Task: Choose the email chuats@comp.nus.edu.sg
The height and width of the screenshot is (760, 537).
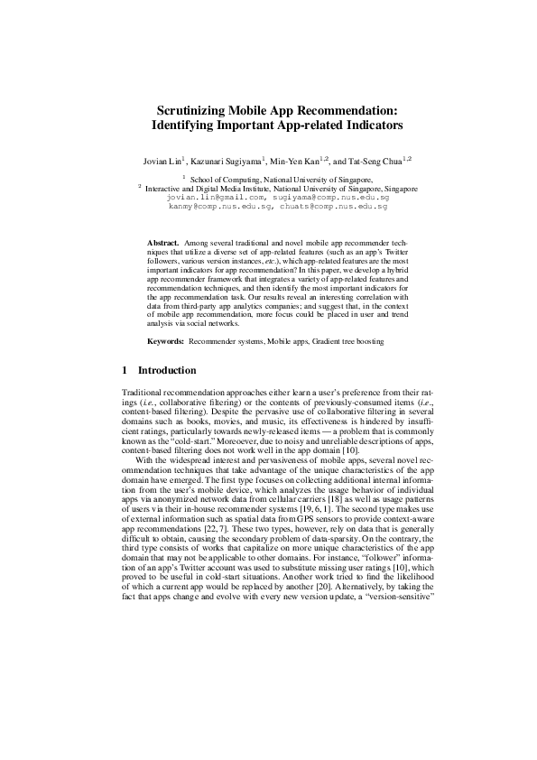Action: [336, 206]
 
